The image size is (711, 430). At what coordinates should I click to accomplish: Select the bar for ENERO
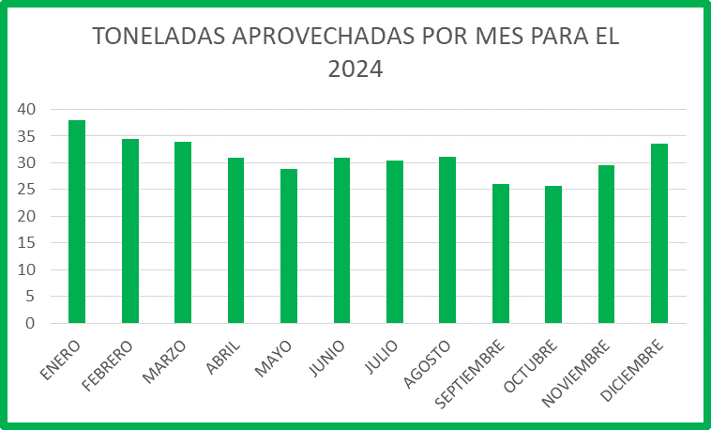77,222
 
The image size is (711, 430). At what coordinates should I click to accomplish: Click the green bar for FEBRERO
130,231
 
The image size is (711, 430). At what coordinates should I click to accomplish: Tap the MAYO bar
289,246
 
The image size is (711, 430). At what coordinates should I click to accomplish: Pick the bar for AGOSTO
447,240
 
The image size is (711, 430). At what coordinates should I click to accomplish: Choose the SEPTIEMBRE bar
501,253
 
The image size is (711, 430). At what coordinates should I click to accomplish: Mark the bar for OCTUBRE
553,254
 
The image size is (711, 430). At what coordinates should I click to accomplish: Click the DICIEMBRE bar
659,234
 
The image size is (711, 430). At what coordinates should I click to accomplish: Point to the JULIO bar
395,242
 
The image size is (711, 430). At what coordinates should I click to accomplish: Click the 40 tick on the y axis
26,109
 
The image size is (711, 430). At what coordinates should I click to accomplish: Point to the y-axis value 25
26,190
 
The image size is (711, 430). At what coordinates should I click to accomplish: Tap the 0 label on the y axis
30,323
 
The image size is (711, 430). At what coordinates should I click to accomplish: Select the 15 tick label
26,243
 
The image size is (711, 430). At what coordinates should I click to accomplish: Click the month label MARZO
164,361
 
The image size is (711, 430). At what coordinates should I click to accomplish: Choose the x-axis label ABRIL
222,358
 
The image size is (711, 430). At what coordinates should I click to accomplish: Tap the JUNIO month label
326,359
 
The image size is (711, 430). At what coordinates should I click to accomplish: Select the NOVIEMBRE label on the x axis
576,374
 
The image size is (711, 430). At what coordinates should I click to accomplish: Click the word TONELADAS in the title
159,37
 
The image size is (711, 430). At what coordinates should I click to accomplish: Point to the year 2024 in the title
355,69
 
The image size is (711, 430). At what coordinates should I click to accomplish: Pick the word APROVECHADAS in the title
324,37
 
